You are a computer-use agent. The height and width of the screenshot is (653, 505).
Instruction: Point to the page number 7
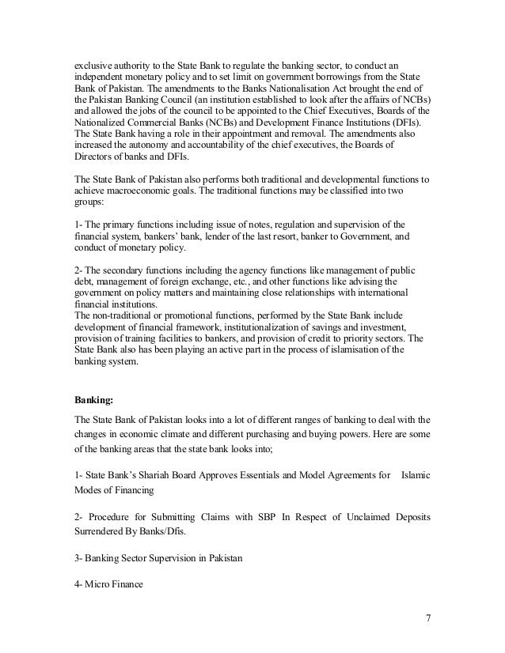click(427, 617)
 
